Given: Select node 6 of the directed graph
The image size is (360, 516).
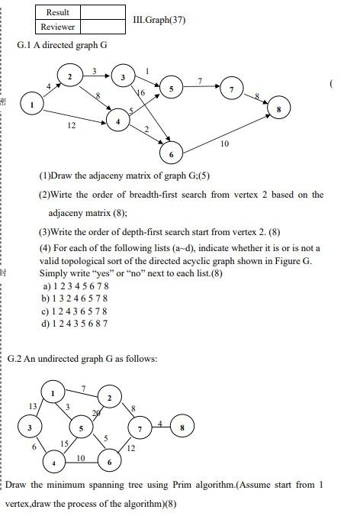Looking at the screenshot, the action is tap(171, 153).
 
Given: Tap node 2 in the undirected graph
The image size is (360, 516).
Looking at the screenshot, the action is tap(110, 398).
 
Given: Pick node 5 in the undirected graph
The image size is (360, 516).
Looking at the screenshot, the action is tap(81, 429).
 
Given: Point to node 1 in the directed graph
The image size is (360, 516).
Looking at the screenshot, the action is tap(32, 105).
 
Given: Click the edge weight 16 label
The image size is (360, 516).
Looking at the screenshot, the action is tap(140, 92).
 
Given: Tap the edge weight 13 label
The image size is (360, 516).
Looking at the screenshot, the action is tap(33, 405).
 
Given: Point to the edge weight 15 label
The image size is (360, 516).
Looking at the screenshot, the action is tap(65, 443).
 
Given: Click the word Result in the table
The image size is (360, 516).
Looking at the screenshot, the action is tap(57, 12).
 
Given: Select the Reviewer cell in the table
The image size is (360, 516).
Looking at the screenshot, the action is tap(57, 27).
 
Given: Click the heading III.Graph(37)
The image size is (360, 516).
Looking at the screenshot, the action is tap(159, 20).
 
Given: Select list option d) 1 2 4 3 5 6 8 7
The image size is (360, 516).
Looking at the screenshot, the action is tap(75, 323).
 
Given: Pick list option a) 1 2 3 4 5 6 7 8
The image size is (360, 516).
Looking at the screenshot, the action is tap(75, 286).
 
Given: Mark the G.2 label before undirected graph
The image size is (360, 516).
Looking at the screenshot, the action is tap(15, 359).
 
